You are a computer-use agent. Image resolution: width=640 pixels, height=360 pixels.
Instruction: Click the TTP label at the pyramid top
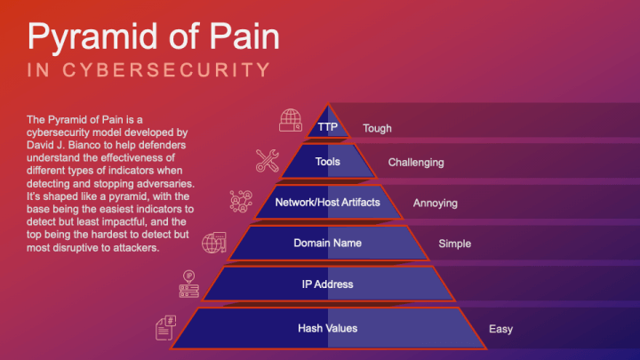[327, 127]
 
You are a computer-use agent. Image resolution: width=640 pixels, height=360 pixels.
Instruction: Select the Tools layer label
[327, 162]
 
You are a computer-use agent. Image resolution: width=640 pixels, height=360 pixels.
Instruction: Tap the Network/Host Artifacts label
[327, 202]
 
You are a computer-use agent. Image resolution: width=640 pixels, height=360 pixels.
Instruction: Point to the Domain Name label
[327, 242]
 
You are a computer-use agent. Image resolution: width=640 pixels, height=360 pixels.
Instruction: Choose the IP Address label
[327, 284]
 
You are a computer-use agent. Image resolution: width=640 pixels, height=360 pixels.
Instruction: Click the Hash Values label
[327, 328]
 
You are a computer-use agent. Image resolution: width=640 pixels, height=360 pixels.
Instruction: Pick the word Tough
[377, 128]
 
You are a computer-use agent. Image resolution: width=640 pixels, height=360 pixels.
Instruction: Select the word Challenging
[416, 163]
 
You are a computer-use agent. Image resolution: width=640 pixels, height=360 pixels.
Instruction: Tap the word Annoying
[436, 203]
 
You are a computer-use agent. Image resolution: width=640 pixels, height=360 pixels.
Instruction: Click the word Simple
[455, 243]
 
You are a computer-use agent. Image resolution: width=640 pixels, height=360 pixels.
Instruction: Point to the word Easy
[500, 329]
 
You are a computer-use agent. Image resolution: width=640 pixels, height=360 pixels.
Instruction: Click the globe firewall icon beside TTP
[291, 120]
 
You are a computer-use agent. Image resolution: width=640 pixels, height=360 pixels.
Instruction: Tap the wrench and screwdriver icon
[267, 160]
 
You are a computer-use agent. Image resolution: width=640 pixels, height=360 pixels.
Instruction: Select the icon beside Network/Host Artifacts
[241, 201]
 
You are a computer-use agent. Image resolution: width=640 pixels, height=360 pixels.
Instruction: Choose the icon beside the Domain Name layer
[214, 243]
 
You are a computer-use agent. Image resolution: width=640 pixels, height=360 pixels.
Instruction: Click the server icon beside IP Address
[189, 284]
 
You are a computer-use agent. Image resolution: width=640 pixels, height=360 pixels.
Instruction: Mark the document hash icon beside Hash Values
[165, 327]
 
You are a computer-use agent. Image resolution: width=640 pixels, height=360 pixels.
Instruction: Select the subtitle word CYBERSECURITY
[174, 70]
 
